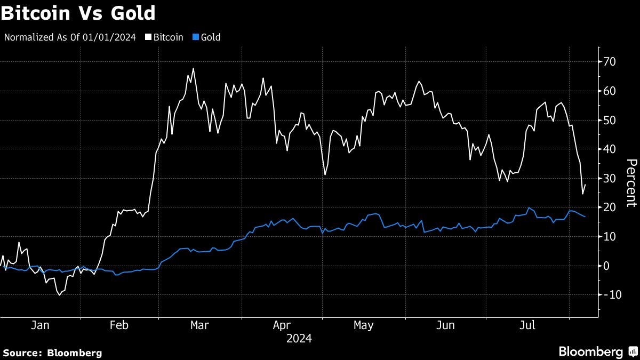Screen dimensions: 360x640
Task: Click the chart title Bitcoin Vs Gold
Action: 78,13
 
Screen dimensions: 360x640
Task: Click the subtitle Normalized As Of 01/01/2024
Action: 70,37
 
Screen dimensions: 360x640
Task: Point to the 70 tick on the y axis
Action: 609,62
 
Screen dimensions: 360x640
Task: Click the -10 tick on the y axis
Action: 608,295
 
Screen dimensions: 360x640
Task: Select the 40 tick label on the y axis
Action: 609,149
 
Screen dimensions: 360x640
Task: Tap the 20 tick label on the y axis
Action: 609,207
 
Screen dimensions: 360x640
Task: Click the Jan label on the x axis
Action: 40,325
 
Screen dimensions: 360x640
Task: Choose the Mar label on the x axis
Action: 200,325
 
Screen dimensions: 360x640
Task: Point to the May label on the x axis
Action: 363,325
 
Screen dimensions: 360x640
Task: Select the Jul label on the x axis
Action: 528,325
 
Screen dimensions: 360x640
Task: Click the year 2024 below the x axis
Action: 299,339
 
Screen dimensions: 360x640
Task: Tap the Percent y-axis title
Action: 631,183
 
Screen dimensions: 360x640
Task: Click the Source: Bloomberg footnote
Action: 52,353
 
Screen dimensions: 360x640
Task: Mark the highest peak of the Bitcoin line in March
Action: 193,69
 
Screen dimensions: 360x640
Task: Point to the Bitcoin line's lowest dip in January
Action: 59,295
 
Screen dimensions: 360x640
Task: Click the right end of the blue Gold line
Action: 586,217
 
